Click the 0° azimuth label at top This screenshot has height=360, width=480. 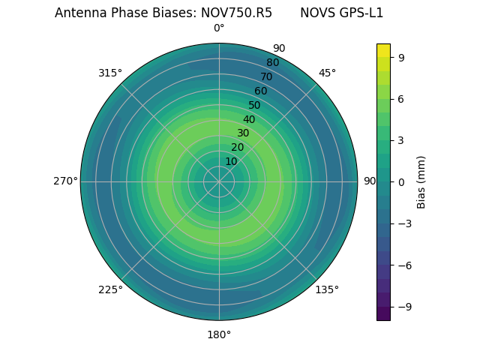click(219, 28)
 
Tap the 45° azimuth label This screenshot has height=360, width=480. click(327, 73)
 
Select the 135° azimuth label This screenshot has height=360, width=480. click(327, 289)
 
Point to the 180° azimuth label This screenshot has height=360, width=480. click(219, 334)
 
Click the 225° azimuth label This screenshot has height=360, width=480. click(110, 289)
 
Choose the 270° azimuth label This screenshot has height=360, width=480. click(65, 181)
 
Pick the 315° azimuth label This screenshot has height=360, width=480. click(110, 73)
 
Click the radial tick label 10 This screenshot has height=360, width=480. click(231, 161)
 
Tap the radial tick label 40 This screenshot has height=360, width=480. click(249, 119)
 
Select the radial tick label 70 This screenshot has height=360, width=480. click(266, 77)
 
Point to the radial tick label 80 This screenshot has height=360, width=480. click(272, 63)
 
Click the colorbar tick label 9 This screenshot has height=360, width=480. click(401, 56)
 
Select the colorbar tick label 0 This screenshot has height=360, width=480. click(401, 181)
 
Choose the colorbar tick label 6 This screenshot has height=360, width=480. click(401, 98)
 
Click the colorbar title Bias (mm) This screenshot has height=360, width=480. click(421, 181)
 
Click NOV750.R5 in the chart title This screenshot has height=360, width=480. click(236, 13)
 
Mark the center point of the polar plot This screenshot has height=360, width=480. click(219, 181)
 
